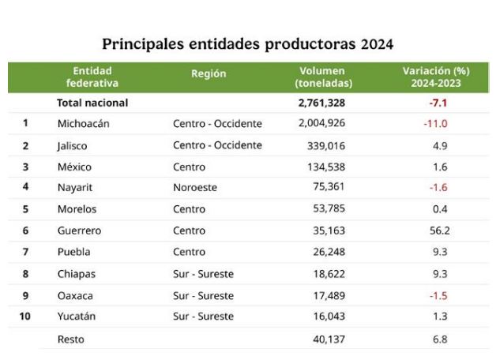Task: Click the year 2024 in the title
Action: (x=377, y=44)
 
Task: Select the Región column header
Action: (x=209, y=73)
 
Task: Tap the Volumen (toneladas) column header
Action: (x=323, y=77)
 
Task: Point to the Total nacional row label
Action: (x=92, y=103)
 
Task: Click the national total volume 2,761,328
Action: (x=321, y=103)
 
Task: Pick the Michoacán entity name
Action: (x=84, y=123)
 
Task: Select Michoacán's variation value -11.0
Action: (x=435, y=123)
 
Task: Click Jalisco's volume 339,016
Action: (x=326, y=146)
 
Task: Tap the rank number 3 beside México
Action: (x=25, y=167)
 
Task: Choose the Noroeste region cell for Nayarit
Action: (x=195, y=187)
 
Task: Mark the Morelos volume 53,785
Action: (x=329, y=208)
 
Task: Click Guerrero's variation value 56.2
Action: (x=439, y=231)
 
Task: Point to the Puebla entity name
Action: (x=73, y=252)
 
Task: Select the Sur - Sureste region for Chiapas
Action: (x=203, y=274)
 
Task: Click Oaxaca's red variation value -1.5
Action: (x=438, y=295)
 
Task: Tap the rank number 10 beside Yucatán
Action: (x=25, y=316)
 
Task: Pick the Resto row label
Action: (x=71, y=339)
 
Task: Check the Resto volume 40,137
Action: (x=329, y=339)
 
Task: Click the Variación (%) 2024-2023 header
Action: (x=436, y=77)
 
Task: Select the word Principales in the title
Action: (x=143, y=44)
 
